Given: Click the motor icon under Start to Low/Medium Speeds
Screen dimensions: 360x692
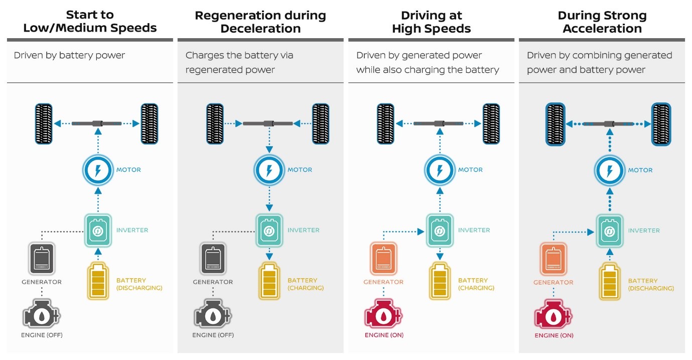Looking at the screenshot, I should coord(98,170).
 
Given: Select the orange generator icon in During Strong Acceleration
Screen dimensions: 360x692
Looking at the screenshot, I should coord(554,259).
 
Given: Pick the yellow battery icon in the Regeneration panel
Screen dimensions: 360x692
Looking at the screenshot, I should coord(269,281).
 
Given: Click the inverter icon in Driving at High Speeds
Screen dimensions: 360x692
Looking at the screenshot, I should coord(440,230).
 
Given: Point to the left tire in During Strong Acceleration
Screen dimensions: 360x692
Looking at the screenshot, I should coord(556,124).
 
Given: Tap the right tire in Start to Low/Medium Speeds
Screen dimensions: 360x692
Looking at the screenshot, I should coord(150,124).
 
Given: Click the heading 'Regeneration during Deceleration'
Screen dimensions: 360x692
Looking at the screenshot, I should coord(260,22).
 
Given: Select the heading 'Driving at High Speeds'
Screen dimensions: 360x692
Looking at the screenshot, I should coord(431,22).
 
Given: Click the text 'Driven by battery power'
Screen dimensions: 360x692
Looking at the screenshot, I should coord(69,55).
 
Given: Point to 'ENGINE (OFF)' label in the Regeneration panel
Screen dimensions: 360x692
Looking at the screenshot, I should coord(213,335).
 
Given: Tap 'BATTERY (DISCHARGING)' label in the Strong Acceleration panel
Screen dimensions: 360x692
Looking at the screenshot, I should coord(651,285).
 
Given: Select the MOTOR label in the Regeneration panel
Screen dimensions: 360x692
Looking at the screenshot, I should coord(300,170).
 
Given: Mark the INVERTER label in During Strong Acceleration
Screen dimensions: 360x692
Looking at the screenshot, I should coord(644,230).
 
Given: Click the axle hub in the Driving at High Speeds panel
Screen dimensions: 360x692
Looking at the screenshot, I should coord(440,124).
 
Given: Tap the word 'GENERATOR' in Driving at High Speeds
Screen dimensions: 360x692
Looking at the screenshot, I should coord(383,282).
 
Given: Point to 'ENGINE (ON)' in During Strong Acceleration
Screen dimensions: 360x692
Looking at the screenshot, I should coord(554,335).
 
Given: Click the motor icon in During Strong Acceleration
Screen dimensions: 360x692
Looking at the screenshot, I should coord(610,170).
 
